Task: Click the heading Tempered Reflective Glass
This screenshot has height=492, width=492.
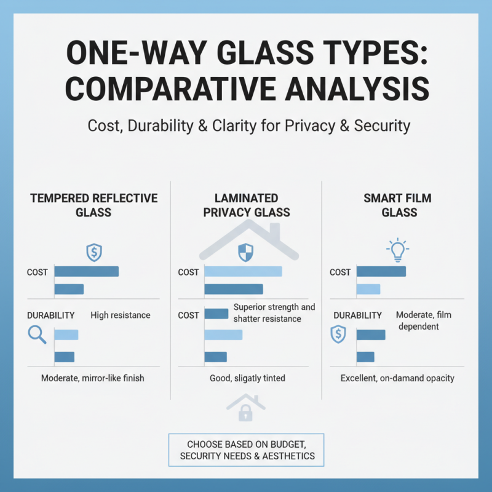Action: [94, 205]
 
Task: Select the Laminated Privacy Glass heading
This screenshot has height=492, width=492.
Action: [246, 205]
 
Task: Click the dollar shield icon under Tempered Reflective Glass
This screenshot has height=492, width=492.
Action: [93, 252]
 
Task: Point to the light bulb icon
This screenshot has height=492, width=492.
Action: [397, 249]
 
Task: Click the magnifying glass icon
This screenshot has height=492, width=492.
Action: [37, 334]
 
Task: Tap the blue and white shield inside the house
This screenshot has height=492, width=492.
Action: [245, 252]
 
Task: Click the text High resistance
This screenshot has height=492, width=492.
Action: [120, 315]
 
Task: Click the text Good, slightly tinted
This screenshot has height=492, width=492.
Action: [244, 378]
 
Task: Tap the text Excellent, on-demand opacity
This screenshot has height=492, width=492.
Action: [397, 378]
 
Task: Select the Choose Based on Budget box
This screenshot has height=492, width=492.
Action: [246, 450]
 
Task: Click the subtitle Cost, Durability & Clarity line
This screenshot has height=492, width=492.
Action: [246, 126]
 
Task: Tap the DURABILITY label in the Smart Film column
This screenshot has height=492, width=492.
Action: [357, 315]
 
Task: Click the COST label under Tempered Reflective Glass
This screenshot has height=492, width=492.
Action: [38, 272]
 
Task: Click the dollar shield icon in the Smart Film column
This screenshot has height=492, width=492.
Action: [337, 334]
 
